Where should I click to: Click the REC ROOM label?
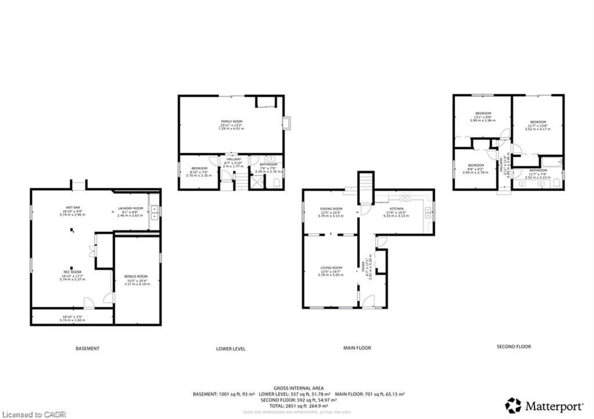pyautogui.click(x=72, y=272)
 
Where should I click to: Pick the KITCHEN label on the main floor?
pyautogui.click(x=396, y=209)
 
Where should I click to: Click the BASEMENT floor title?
pyautogui.click(x=87, y=348)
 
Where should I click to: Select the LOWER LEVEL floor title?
pyautogui.click(x=230, y=349)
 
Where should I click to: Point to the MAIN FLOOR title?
pyautogui.click(x=357, y=348)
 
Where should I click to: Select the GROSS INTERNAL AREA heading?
pyautogui.click(x=299, y=388)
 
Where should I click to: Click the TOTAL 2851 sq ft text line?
pyautogui.click(x=299, y=406)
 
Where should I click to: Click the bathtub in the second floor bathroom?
pyautogui.click(x=552, y=162)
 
